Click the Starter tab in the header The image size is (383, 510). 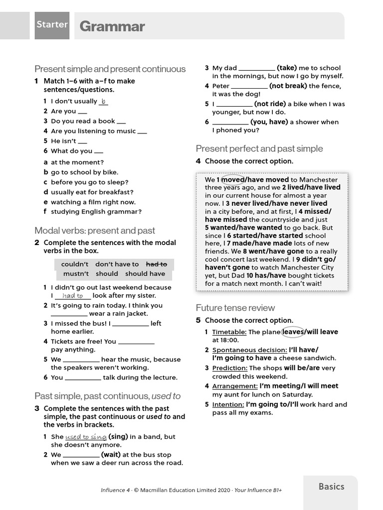[x=52, y=24]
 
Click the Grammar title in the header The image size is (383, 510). [x=112, y=26]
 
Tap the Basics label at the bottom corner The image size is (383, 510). [x=331, y=487]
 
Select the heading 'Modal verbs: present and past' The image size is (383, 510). [x=95, y=231]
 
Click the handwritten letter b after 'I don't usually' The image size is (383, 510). [x=104, y=101]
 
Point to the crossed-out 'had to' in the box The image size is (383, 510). [x=156, y=264]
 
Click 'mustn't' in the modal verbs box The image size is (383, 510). [x=76, y=273]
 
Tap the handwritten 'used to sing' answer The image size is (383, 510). [x=86, y=437]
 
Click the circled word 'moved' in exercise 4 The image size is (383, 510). [x=232, y=179]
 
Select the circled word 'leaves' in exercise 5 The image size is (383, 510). [x=293, y=332]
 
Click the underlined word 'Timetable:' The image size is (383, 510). [x=229, y=332]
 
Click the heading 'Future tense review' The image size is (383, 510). [x=235, y=308]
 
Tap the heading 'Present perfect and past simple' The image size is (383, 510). [x=259, y=148]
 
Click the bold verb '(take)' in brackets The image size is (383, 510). [x=287, y=68]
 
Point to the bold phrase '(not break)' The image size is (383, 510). [x=288, y=86]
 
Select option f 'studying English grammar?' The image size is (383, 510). [x=96, y=212]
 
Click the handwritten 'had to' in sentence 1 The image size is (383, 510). [x=73, y=296]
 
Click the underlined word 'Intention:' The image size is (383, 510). [x=228, y=404]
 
